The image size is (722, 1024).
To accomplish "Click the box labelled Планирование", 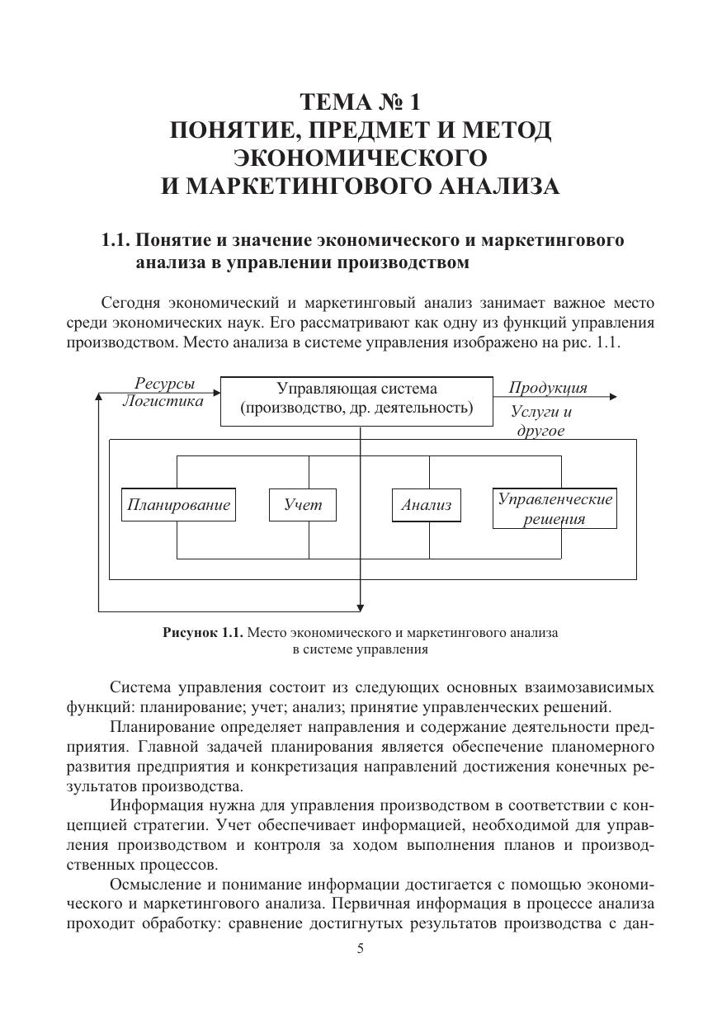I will pyautogui.click(x=178, y=505).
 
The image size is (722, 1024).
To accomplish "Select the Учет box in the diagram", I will pyautogui.click(x=303, y=505).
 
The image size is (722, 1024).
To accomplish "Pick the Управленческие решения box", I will pyautogui.click(x=554, y=508).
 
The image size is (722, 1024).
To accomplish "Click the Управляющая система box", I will pyautogui.click(x=356, y=399).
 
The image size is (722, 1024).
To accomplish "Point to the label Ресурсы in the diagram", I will pyautogui.click(x=165, y=384).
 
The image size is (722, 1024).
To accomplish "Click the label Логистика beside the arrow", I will pyautogui.click(x=163, y=402).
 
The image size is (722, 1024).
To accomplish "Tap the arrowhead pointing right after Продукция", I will pyautogui.click(x=612, y=397).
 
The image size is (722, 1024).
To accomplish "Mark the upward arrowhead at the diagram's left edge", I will pyautogui.click(x=99, y=398).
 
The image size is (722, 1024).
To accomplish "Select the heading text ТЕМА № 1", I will pyautogui.click(x=360, y=102).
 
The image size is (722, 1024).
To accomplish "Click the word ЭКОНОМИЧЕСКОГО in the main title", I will pyautogui.click(x=360, y=158).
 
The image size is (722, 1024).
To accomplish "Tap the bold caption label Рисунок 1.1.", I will pyautogui.click(x=203, y=633).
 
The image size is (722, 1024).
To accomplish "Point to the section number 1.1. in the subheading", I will pyautogui.click(x=116, y=241).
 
